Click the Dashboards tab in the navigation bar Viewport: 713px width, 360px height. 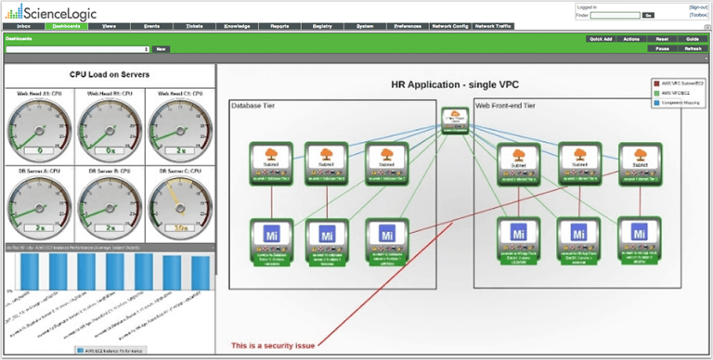pyautogui.click(x=66, y=26)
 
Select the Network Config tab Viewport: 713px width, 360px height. pyautogui.click(x=450, y=26)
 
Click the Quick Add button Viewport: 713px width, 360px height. pyautogui.click(x=601, y=39)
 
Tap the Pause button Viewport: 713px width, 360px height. pyautogui.click(x=662, y=47)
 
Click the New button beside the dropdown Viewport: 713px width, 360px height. pyautogui.click(x=161, y=48)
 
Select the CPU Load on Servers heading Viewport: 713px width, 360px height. pyautogui.click(x=110, y=74)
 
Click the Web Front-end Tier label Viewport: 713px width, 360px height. pyautogui.click(x=506, y=106)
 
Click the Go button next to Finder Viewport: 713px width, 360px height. pyautogui.click(x=648, y=15)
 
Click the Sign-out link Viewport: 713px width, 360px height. pyautogui.click(x=698, y=6)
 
